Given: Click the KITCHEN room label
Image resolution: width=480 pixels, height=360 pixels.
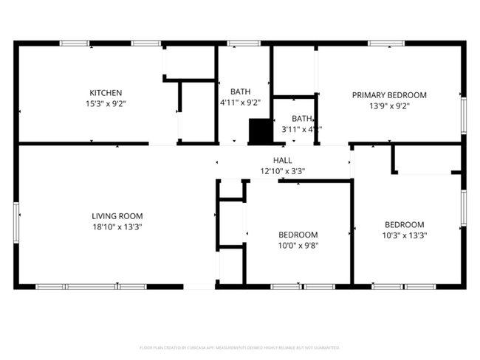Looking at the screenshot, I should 106,93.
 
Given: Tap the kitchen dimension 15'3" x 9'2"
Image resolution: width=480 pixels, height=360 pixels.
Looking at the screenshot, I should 106,105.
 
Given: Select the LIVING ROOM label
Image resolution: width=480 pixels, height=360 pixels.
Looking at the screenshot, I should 117,216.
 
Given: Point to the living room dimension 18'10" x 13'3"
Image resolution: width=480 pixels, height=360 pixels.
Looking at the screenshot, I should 117,228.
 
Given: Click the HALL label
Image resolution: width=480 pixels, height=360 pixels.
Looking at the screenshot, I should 283,160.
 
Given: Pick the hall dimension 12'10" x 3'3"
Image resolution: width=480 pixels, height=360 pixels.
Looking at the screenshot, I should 283,171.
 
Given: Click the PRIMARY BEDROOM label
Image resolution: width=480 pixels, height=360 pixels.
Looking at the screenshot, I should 389,94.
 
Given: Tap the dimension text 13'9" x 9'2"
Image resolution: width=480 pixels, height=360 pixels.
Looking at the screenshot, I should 389,106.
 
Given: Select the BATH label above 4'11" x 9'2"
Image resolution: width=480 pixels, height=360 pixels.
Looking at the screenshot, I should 240,91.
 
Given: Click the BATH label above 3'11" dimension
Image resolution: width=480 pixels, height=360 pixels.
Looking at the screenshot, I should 301,118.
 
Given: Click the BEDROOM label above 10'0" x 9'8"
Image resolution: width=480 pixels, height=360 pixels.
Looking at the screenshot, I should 298,235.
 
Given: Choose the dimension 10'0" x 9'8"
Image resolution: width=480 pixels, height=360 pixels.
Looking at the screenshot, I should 298,246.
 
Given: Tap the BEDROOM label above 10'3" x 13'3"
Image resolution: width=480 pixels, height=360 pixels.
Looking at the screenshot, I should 405,224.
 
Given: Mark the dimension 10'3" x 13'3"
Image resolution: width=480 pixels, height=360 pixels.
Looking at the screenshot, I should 405,236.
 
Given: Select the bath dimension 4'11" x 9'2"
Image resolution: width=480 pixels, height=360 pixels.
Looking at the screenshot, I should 240,103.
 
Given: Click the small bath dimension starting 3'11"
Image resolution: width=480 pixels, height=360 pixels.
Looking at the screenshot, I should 301,130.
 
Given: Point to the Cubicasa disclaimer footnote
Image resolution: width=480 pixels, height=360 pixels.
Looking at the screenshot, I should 239,347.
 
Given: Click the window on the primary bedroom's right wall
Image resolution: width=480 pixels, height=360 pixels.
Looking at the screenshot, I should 464,116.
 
